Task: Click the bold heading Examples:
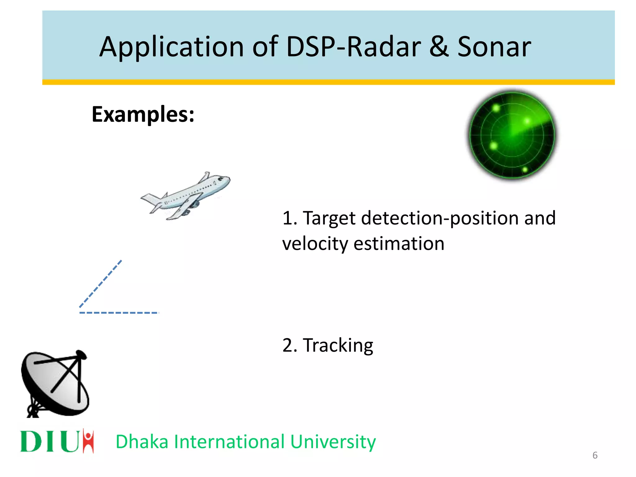coord(143,114)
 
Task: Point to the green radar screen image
coord(512,135)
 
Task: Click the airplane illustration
coord(186,196)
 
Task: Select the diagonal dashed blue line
coord(100,284)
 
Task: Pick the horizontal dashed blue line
coord(119,312)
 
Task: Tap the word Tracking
coord(338,345)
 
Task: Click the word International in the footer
coord(229,442)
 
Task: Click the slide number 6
coord(595,455)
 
